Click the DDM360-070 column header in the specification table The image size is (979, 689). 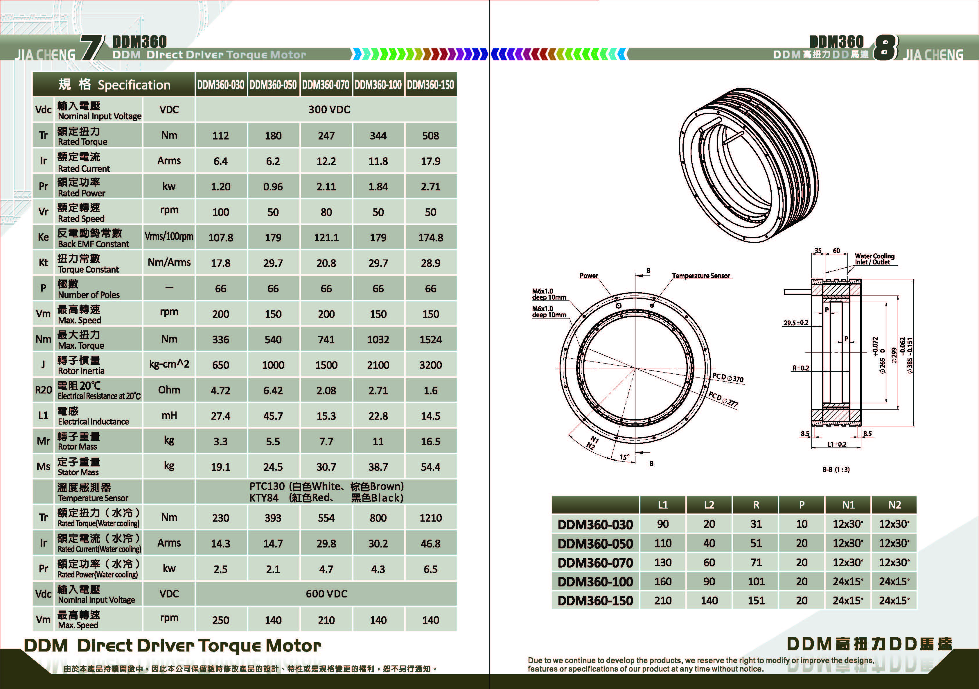coord(326,85)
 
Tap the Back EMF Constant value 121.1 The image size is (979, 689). coord(326,238)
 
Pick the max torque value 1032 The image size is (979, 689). coord(378,340)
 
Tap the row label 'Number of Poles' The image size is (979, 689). coord(89,295)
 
